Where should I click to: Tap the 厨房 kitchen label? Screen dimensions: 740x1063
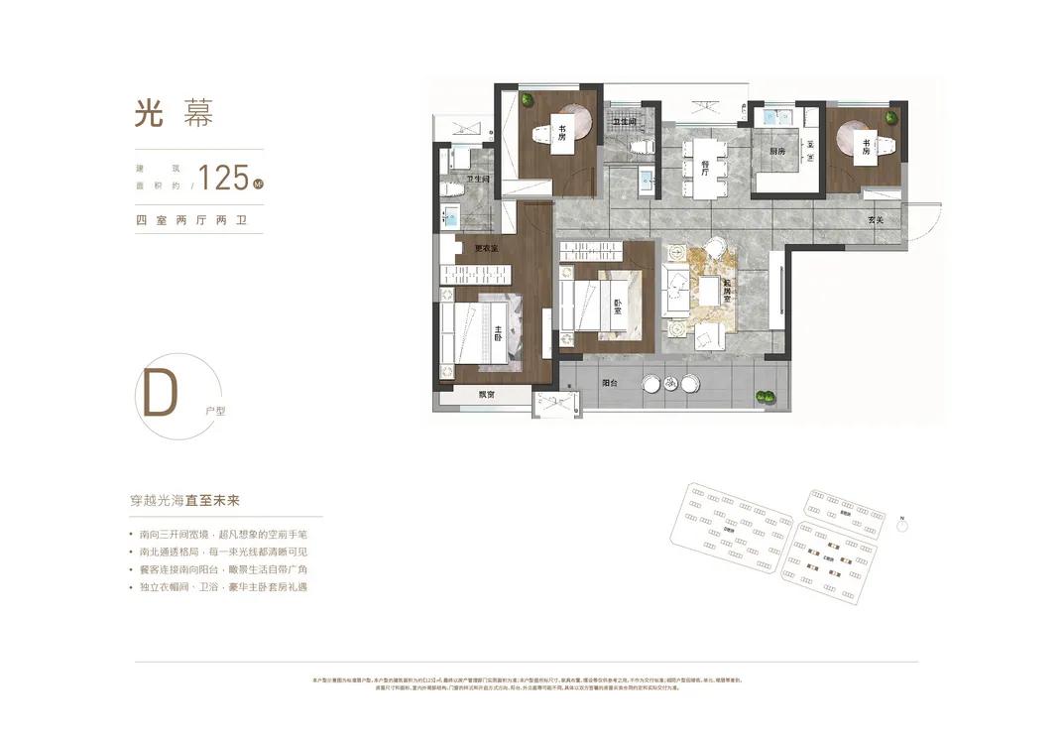777,151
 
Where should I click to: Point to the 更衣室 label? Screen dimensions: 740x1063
485,248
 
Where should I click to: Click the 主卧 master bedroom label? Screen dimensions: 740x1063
498,334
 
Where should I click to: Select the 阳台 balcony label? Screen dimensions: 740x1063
610,381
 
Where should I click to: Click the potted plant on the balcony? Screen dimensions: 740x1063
765,397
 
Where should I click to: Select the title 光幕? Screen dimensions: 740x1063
174,112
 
